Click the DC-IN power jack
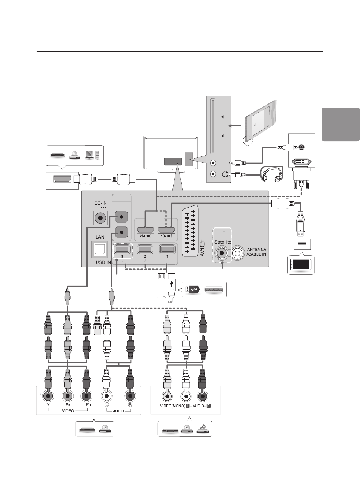101,218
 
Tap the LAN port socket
100,249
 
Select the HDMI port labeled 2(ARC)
145,230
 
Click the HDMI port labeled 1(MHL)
166,230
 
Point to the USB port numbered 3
122,249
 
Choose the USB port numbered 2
145,249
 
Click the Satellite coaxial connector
222,253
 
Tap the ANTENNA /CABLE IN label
256,252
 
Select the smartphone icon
301,265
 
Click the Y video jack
48,396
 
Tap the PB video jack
68,396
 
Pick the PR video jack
87,396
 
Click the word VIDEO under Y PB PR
68,411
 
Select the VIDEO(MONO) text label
172,406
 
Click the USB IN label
103,262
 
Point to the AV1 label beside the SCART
202,252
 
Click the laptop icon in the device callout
90,155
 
